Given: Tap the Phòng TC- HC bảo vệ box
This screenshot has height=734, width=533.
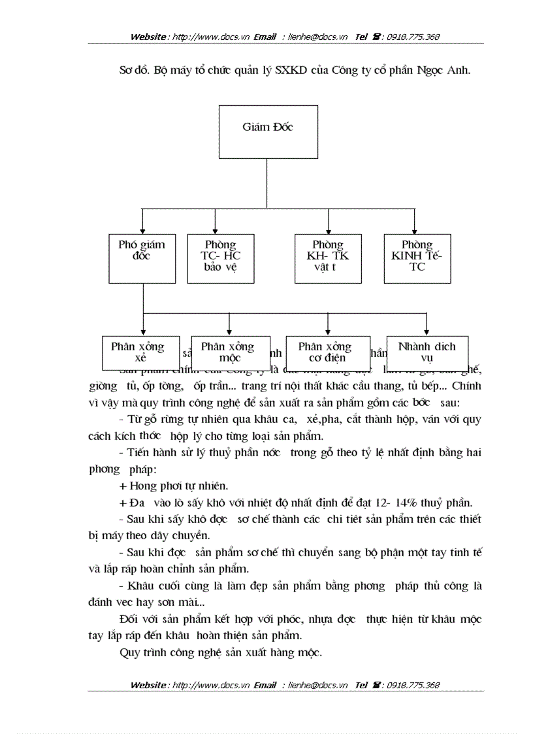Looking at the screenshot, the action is [x=221, y=258].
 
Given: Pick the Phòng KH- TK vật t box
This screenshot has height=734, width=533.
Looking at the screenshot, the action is [x=328, y=258].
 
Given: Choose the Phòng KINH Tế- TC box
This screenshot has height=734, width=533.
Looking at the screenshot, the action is [x=417, y=258].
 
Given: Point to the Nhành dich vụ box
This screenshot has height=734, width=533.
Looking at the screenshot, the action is [x=427, y=352].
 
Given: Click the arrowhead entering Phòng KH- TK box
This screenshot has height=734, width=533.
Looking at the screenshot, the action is [x=328, y=230].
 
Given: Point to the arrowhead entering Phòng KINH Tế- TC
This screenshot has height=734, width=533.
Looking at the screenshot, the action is [x=413, y=230].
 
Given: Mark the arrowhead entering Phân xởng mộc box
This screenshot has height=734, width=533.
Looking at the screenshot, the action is [x=229, y=332].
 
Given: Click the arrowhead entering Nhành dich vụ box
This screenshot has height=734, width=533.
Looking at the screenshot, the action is [x=427, y=332].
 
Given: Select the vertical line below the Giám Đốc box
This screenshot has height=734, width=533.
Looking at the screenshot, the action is [x=267, y=183].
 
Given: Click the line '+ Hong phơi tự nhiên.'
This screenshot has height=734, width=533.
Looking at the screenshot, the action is [x=174, y=486].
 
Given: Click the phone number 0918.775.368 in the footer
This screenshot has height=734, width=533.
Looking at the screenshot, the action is [x=413, y=686].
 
